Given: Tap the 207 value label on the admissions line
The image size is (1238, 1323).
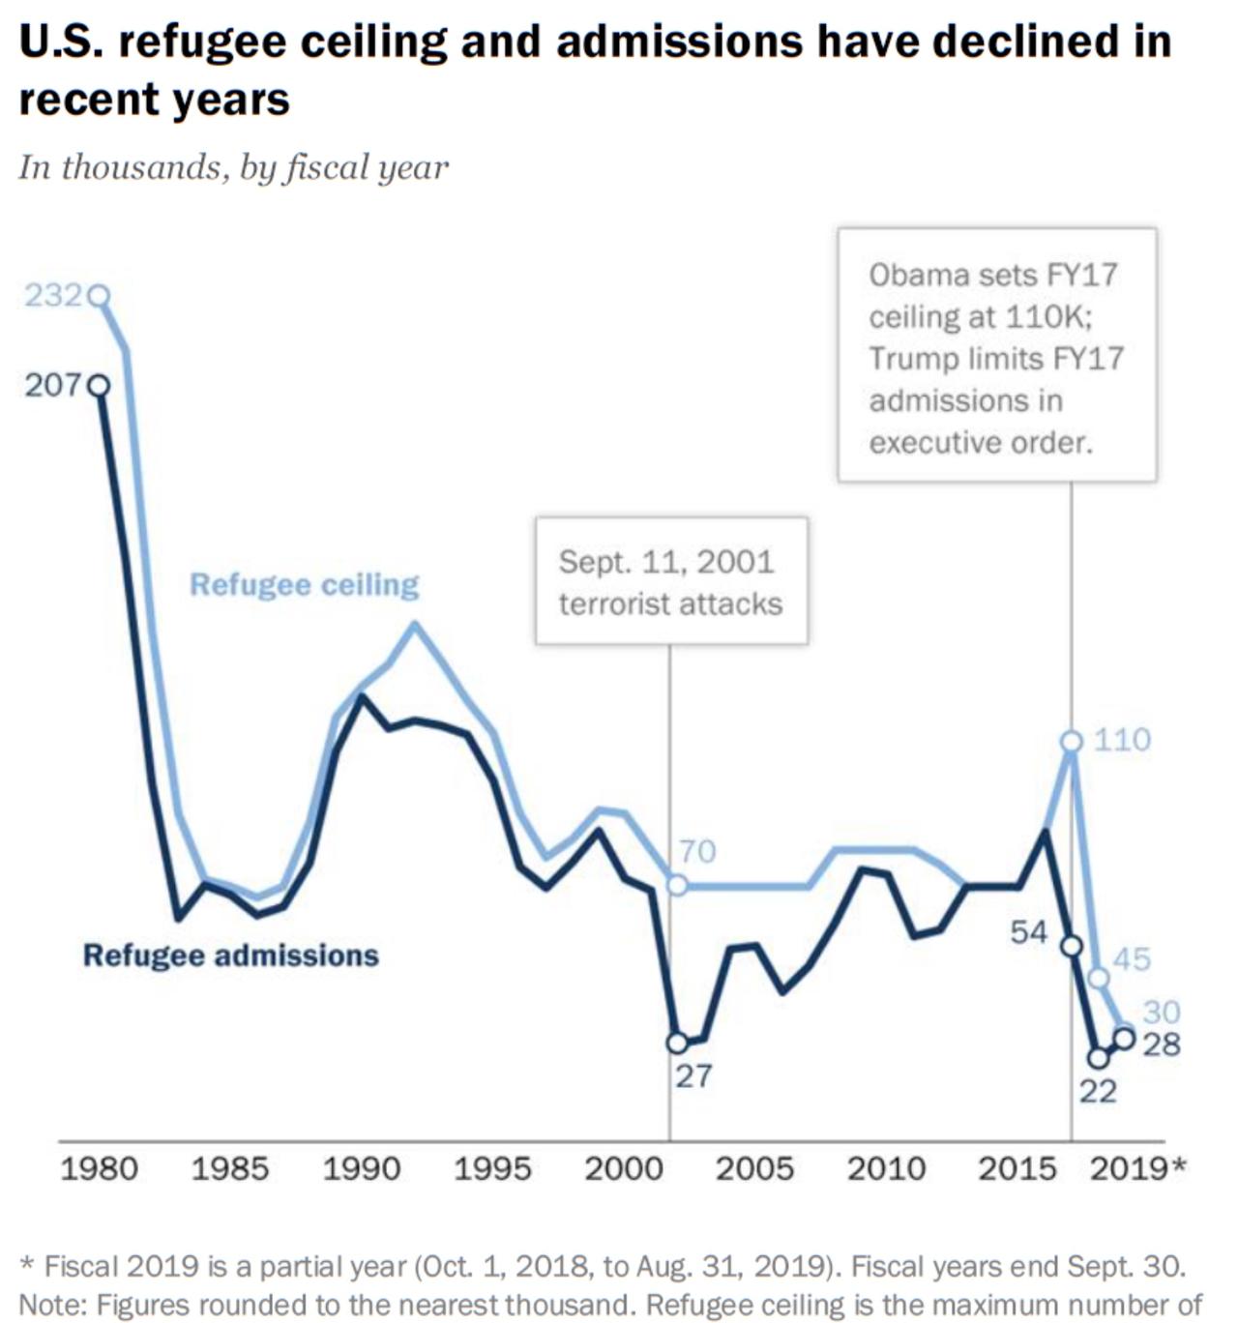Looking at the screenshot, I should point(52,385).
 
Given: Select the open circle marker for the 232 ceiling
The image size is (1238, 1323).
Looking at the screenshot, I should point(99,296).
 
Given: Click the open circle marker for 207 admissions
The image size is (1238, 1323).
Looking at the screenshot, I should point(99,386).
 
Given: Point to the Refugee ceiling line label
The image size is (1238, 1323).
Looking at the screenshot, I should point(304,585).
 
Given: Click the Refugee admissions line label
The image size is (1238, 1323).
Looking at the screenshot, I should point(230,955).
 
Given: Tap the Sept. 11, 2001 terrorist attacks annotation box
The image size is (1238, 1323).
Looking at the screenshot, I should point(671,582).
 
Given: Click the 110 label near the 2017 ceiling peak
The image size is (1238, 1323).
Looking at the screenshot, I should point(1122,740).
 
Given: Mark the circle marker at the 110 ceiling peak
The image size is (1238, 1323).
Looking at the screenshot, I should point(1071,742).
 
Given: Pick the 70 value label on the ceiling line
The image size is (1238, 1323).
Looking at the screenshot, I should point(696,851).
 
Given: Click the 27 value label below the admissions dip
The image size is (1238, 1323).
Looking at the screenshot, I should point(693,1075).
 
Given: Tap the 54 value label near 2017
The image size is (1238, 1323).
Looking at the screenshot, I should point(1029,932).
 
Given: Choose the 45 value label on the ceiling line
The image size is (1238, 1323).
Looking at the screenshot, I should point(1132,959).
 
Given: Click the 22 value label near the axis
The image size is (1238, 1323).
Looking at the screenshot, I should point(1098,1091).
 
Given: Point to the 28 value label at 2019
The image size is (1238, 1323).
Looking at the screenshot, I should point(1162,1044).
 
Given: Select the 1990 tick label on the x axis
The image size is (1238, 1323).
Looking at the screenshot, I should point(361,1168).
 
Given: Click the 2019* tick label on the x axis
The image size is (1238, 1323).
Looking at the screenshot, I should point(1137,1168).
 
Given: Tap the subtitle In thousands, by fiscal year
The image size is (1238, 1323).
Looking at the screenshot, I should point(233,167).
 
